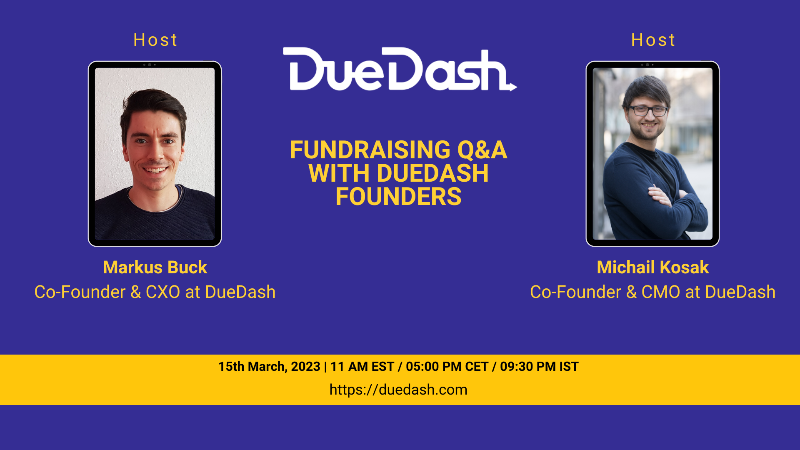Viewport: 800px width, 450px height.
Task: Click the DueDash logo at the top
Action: coord(400,69)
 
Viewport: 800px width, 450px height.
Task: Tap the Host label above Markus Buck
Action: coord(155,40)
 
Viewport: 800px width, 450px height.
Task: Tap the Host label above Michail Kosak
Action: coord(653,40)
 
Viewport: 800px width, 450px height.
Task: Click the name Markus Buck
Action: coord(155,267)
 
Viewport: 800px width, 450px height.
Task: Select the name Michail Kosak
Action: coord(653,267)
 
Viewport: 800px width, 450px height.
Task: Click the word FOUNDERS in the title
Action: coord(398,197)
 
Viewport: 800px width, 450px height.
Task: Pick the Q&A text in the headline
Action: coord(482,150)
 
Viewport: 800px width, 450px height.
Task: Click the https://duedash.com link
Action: coord(398,390)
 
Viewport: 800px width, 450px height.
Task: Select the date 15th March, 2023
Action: coord(269,367)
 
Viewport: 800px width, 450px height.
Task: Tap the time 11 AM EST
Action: coord(362,367)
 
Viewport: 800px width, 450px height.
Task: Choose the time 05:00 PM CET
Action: coord(447,367)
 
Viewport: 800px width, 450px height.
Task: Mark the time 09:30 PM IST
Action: coord(539,367)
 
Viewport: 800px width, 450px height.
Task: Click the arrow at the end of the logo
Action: coord(512,87)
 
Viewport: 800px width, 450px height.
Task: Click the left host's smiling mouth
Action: coord(155,170)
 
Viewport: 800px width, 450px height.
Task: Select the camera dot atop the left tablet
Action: coord(150,65)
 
